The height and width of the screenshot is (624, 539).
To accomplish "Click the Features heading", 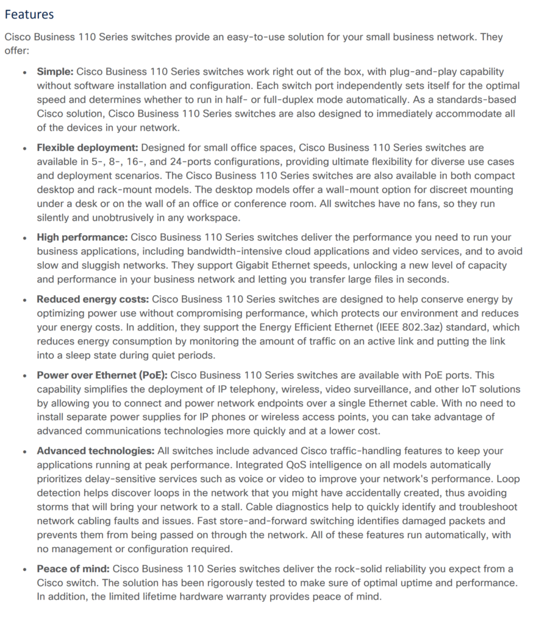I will [29, 14].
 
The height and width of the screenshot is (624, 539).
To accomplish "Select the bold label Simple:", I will [55, 71].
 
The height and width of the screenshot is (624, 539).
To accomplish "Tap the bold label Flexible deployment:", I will [88, 147].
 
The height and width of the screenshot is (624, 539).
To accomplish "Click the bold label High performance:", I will [82, 237].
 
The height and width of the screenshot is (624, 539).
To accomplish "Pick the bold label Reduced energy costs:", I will [93, 299].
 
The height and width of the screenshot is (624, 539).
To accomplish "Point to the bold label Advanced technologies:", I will [95, 451].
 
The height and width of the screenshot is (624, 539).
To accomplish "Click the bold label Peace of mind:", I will [73, 569].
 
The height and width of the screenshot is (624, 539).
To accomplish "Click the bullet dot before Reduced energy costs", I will [24, 300].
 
